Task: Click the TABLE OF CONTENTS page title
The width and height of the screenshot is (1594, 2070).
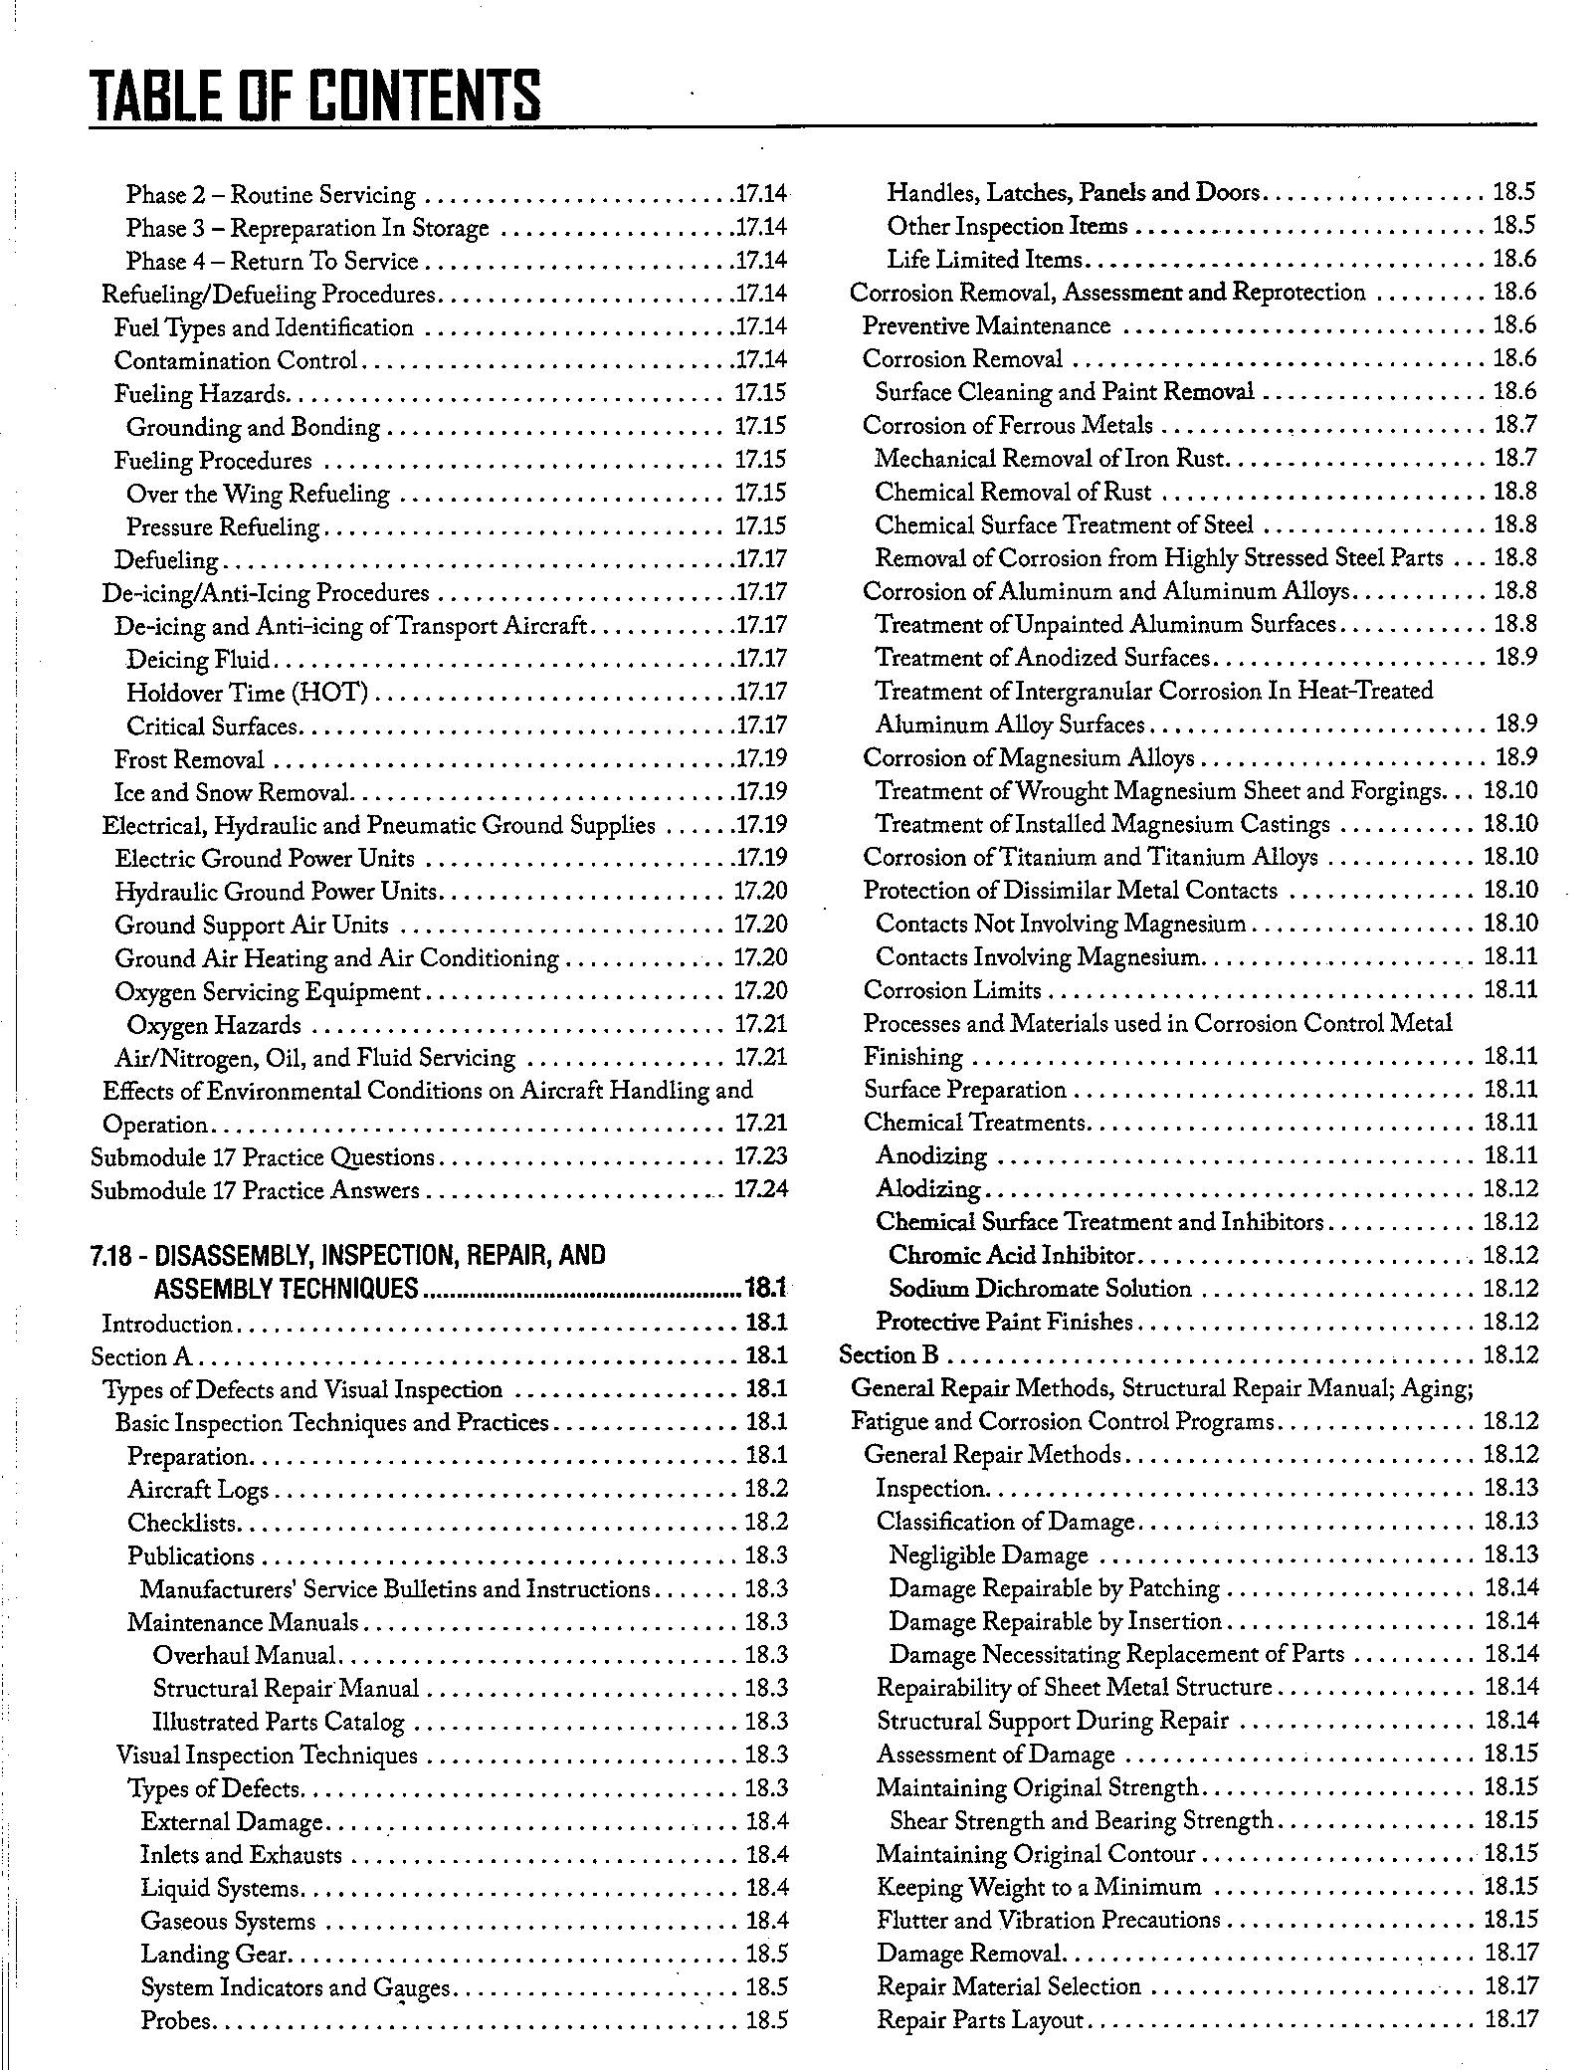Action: pos(315,97)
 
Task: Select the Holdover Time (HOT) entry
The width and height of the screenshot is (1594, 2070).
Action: pos(247,692)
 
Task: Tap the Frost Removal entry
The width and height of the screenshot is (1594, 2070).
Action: pos(189,759)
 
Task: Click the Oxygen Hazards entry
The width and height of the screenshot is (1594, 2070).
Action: pos(213,1025)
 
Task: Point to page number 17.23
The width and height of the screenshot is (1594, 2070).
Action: pos(760,1157)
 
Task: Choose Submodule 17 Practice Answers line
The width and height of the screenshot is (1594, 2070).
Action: pos(255,1191)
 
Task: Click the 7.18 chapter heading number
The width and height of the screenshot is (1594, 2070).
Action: pos(110,1256)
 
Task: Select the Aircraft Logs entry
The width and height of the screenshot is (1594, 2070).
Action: pos(198,1490)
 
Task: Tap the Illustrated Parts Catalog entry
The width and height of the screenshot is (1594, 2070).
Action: pos(278,1722)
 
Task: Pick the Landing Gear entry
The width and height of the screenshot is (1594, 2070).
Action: pos(214,1954)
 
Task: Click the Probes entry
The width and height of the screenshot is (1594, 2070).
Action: pos(176,2020)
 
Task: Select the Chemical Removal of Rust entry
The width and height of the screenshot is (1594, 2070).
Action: pos(1013,493)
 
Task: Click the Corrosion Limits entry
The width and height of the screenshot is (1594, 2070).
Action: pos(951,990)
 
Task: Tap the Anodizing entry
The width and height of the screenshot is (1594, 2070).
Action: pos(931,1156)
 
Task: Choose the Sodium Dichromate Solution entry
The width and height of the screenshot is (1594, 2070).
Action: pos(1039,1289)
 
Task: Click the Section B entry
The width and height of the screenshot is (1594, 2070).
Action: pos(889,1355)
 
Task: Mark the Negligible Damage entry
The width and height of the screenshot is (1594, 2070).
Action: pos(988,1554)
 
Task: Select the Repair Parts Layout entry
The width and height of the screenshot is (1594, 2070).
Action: pos(979,2019)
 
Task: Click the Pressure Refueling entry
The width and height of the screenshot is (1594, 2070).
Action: pos(223,526)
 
